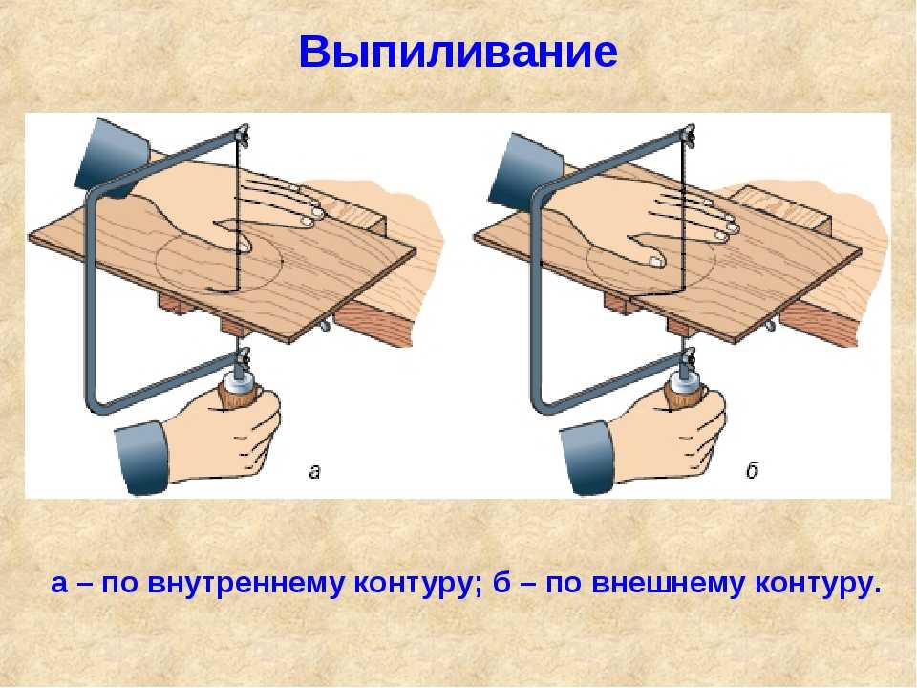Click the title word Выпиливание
(x=458, y=52)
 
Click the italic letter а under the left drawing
(x=314, y=471)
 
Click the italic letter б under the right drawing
(x=752, y=470)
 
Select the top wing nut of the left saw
(x=241, y=134)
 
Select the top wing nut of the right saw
(x=687, y=134)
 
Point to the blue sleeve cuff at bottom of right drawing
(x=588, y=458)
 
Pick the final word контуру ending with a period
(x=818, y=585)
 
